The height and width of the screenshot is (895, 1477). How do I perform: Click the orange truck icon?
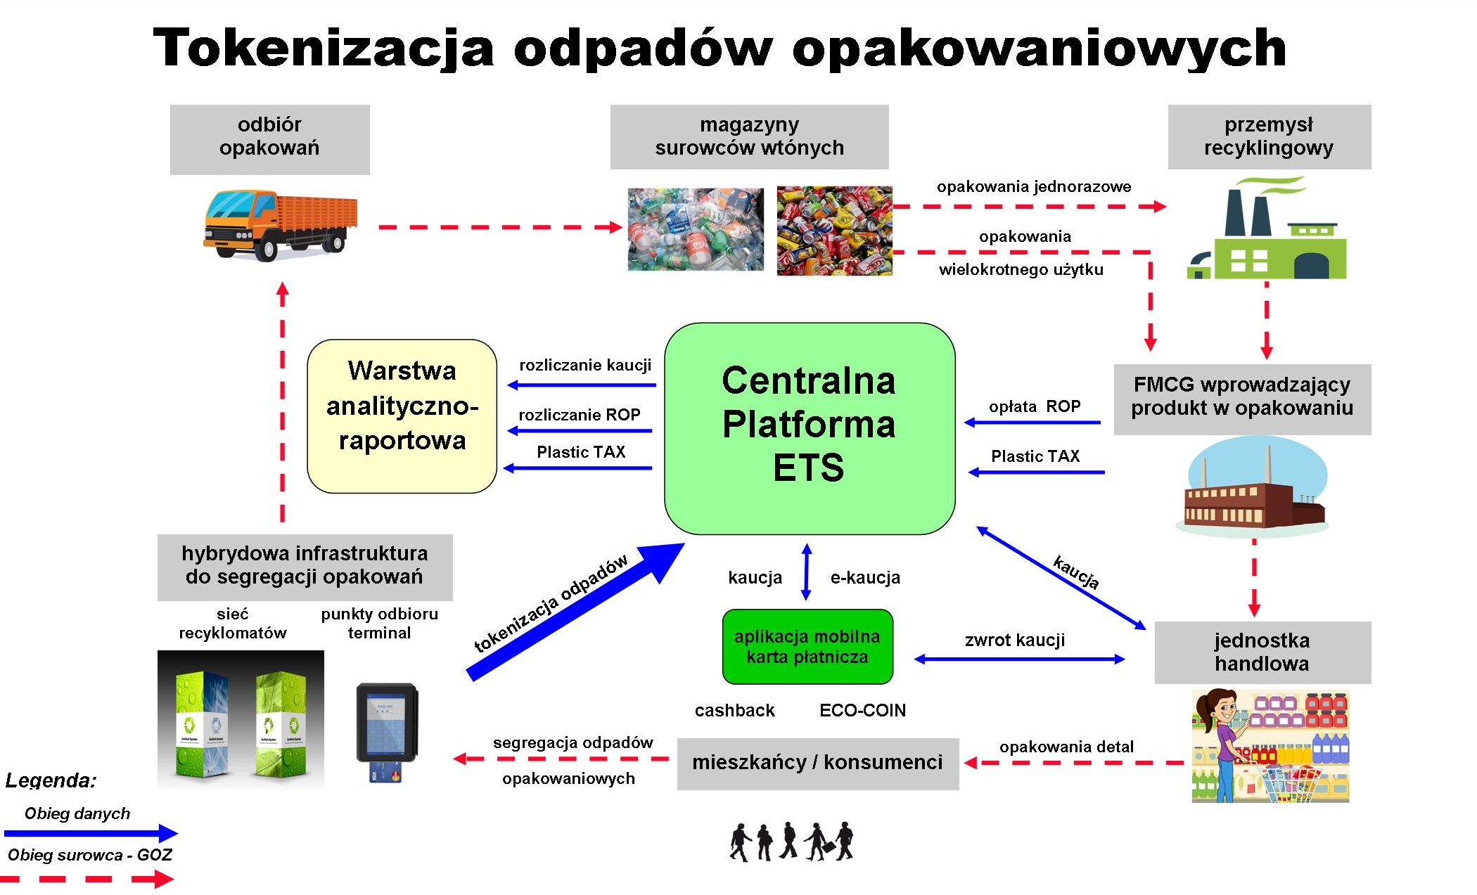click(x=281, y=224)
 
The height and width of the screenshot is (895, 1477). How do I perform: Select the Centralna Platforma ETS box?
click(x=810, y=428)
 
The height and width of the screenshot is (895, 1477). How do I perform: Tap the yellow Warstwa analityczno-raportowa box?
click(x=402, y=416)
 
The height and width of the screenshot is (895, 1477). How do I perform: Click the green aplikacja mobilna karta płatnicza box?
click(x=807, y=647)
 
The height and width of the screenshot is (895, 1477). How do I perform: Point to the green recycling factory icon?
click(x=1267, y=228)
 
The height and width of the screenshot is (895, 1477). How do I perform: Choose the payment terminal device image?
click(x=388, y=732)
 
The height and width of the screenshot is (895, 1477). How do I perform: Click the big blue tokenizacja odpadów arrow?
click(x=575, y=612)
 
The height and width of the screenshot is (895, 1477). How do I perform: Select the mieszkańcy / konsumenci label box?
click(x=818, y=764)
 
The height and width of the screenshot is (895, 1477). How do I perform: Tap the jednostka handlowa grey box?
click(x=1262, y=652)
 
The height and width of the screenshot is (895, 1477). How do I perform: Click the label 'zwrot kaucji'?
click(x=1015, y=640)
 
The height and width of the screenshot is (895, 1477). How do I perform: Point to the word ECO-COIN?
click(x=862, y=710)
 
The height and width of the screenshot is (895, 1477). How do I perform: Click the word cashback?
click(x=734, y=710)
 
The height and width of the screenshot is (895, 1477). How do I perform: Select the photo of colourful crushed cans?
click(x=834, y=230)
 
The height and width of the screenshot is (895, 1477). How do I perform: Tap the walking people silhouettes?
click(x=791, y=842)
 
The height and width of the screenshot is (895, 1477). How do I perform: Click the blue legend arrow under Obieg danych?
click(x=91, y=833)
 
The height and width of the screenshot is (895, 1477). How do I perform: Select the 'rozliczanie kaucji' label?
click(x=585, y=365)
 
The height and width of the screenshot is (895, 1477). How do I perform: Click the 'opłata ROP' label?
click(x=1035, y=406)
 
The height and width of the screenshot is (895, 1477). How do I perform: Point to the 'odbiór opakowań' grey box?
click(x=270, y=139)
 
